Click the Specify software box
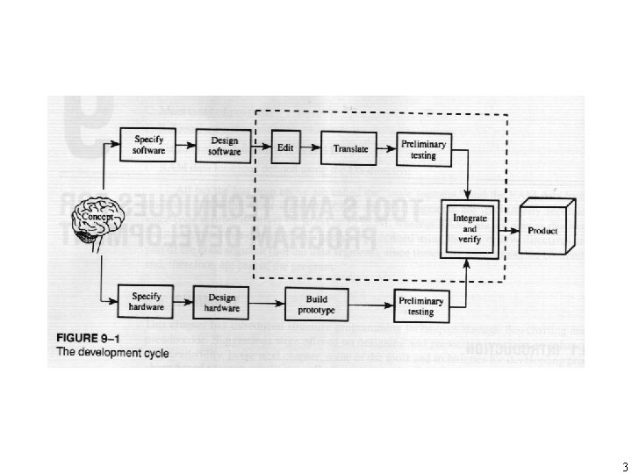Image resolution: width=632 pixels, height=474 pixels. [x=148, y=145]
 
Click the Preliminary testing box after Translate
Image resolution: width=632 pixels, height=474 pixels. [x=421, y=150]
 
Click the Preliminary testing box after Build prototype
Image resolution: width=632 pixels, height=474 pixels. [x=420, y=305]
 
